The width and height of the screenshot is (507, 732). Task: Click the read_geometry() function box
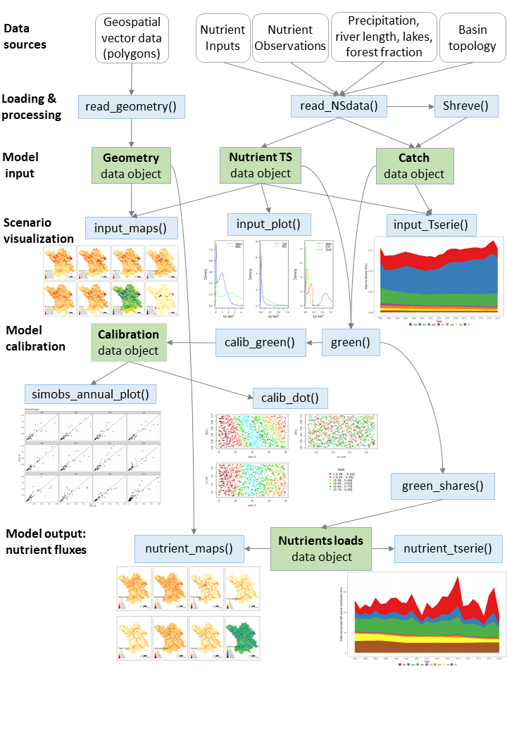click(x=131, y=107)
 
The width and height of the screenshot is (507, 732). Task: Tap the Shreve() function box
click(x=466, y=107)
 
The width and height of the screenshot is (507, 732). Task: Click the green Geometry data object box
click(x=131, y=166)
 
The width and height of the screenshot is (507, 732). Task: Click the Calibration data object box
click(x=128, y=342)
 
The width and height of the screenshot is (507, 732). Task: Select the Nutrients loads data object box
click(x=321, y=548)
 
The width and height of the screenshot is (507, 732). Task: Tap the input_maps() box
click(x=131, y=227)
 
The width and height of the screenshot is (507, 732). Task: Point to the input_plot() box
click(x=268, y=225)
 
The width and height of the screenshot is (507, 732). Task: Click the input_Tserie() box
click(x=432, y=225)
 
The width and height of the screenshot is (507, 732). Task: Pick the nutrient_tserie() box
click(x=448, y=548)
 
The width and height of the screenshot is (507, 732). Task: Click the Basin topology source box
click(x=472, y=38)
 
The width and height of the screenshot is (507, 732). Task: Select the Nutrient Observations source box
click(x=290, y=38)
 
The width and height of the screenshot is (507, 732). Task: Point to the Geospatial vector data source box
click(x=131, y=38)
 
